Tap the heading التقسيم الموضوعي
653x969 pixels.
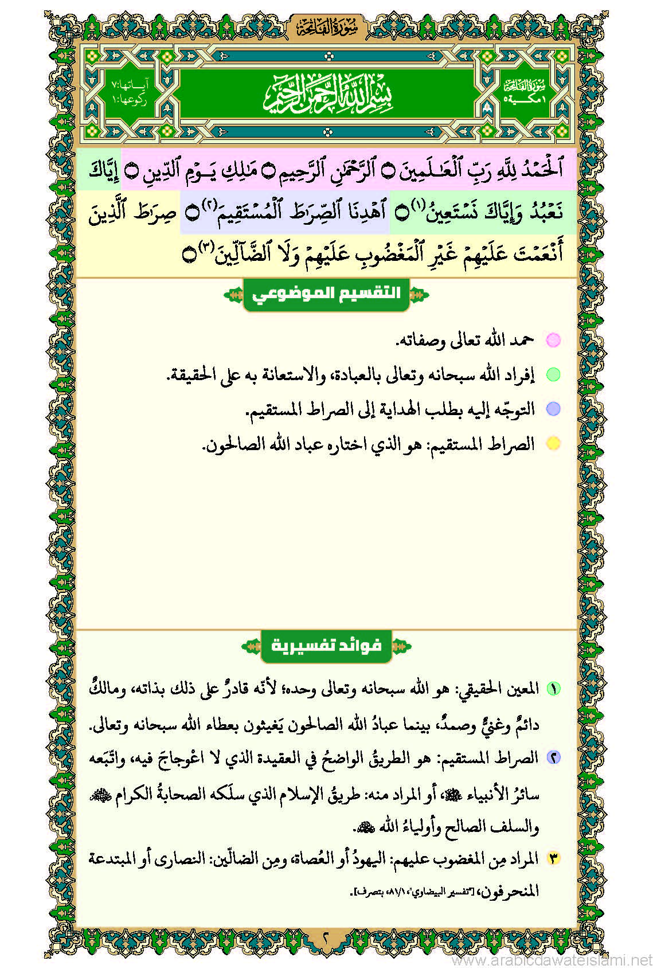(x=326, y=294)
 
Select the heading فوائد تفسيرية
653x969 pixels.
(x=326, y=646)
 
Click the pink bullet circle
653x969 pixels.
(x=553, y=340)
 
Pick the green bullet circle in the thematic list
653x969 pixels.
(x=553, y=374)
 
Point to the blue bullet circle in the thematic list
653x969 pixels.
(x=553, y=409)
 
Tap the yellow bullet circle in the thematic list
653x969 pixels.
(x=553, y=443)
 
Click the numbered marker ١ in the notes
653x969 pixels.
(x=553, y=689)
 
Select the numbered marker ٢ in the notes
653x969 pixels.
(x=553, y=757)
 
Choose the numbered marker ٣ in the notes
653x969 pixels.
(x=553, y=858)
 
